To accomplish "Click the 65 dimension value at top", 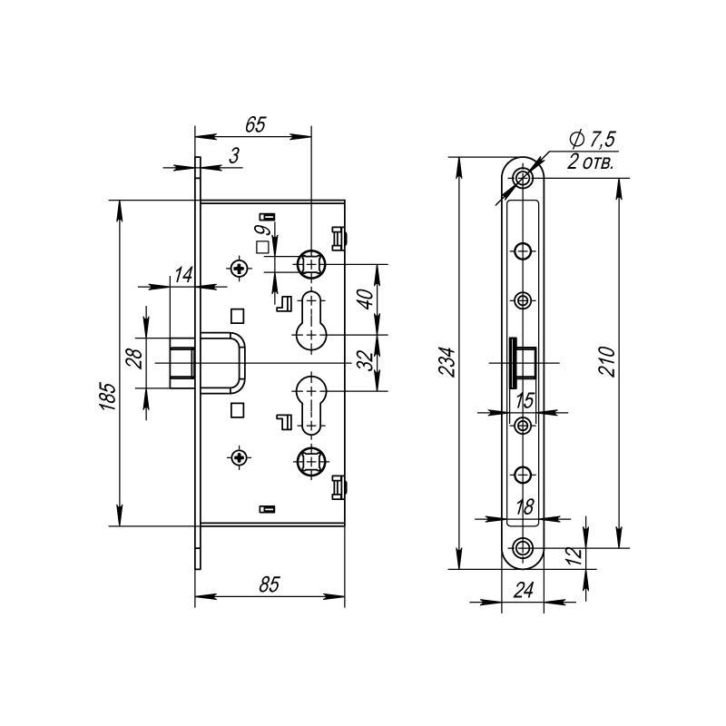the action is pos(256,124).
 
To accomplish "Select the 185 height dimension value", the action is pos(108,397).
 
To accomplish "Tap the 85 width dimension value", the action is pos(270,584).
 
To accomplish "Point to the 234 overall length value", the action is pos(447,361).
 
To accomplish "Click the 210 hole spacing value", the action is pos(607,361).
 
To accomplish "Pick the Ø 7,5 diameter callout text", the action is pos(593,139).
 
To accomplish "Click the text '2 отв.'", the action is pos(592,162).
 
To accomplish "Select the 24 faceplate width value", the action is pos(524,591).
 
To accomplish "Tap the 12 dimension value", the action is pos(574,556).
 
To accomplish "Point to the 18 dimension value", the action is pos(525,507).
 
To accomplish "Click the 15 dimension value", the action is pos(525,401).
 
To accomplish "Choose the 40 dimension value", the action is pos(366,299).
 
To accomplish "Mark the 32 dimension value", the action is pos(366,360).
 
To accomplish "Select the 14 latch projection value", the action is pos(183,275).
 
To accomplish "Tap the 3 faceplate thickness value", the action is pos(234,156).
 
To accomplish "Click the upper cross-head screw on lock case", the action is pos(240,268).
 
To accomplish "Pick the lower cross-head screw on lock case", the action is pos(240,458).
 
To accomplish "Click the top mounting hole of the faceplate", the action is pos(524,178).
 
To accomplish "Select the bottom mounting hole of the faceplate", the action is pos(524,548).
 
